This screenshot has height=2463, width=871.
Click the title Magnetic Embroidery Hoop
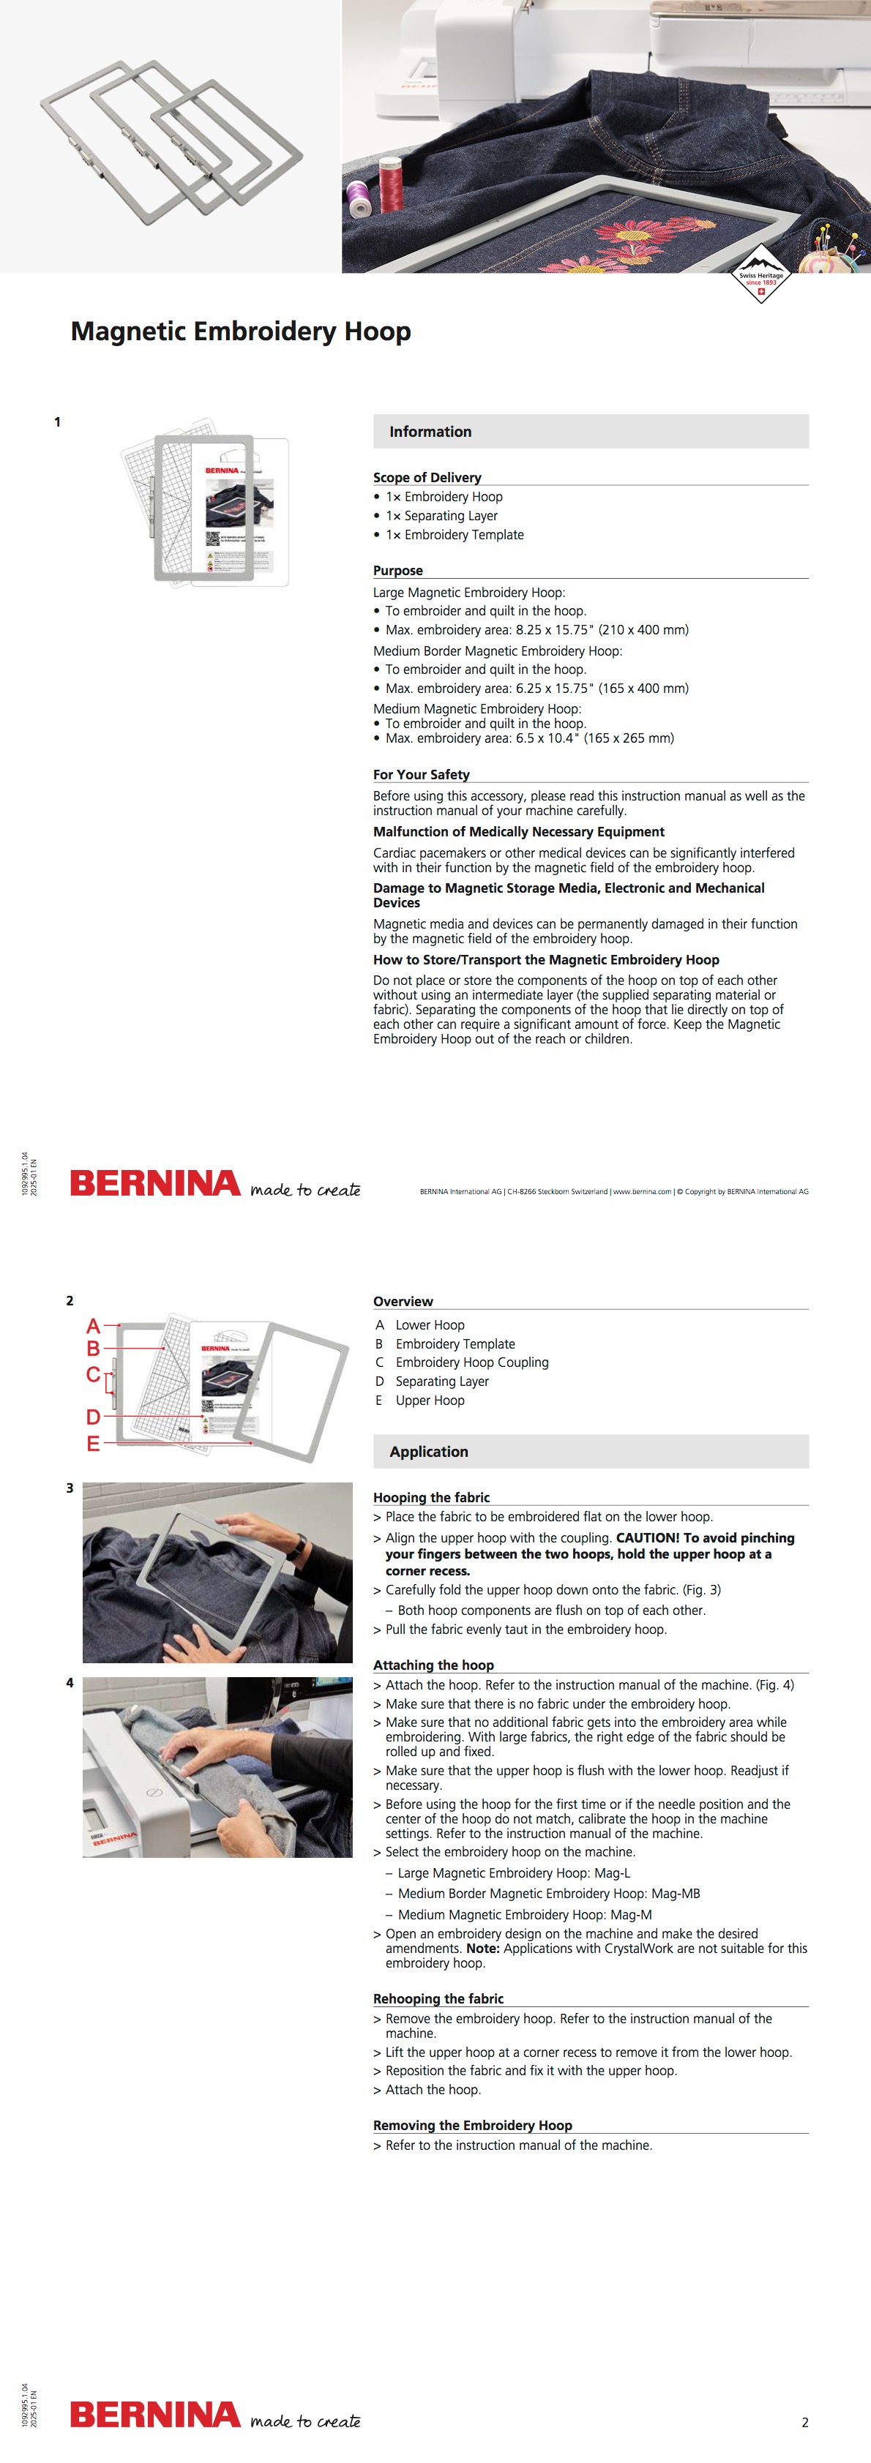point(241,331)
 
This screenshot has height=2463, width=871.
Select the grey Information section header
point(590,431)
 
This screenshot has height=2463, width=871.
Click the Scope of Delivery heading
point(427,477)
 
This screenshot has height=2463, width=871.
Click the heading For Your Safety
point(422,774)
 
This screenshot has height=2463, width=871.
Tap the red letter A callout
point(93,1325)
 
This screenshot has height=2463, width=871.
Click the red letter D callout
point(93,1416)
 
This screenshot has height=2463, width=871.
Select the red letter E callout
point(93,1443)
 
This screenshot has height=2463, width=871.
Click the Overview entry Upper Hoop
point(430,1400)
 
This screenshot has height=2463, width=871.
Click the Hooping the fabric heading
point(431,1497)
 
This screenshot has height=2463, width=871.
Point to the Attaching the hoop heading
point(433,1665)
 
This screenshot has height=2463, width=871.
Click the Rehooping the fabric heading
point(438,1998)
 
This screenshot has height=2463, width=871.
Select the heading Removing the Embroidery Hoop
point(472,2124)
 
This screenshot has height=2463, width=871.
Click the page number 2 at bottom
point(804,2422)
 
